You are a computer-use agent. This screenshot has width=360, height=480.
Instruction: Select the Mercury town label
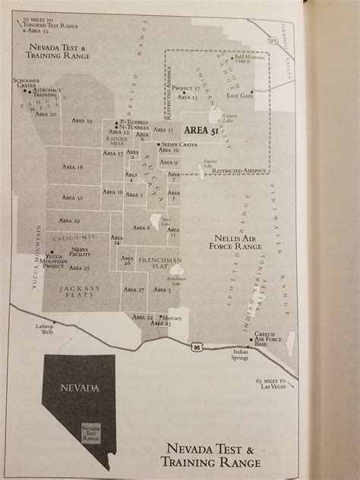coord(173,317)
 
